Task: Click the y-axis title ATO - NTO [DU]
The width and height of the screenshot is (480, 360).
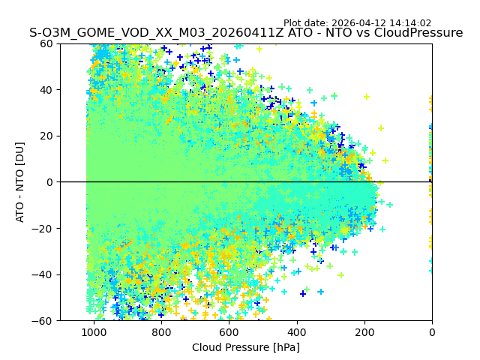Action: point(20,182)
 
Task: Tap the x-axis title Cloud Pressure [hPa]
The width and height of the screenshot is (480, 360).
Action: point(246,347)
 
